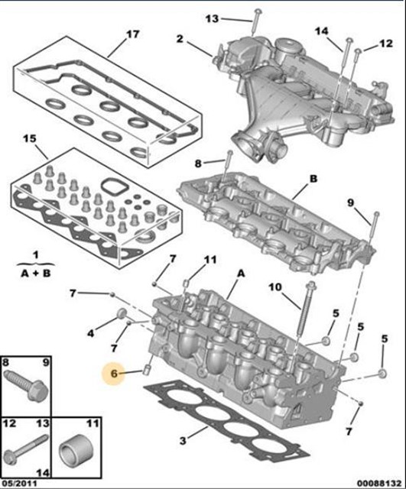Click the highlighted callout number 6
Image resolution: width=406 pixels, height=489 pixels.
coord(114,373)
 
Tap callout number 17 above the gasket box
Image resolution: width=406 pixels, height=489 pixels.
coord(132,34)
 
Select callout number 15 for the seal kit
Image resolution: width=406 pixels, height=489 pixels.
coord(30,138)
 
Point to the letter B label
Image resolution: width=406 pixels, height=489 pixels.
coord(313,179)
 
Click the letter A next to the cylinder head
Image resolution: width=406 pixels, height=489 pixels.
coord(241,274)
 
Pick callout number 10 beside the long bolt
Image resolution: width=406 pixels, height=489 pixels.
coord(275,287)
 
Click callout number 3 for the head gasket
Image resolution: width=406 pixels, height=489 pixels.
coord(183,441)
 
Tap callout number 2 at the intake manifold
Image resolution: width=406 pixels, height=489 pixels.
coord(180,39)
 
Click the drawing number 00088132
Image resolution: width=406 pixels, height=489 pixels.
coord(379,484)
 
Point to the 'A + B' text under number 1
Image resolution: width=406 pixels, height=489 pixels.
coord(36,274)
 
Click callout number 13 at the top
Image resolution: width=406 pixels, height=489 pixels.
coord(213,18)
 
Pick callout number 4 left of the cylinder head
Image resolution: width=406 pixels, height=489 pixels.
coord(90,333)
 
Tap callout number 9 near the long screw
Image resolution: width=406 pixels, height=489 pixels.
coord(351,202)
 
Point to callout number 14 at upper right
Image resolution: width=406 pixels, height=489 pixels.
coord(321,31)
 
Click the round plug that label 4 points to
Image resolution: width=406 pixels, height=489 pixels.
coord(121,314)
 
